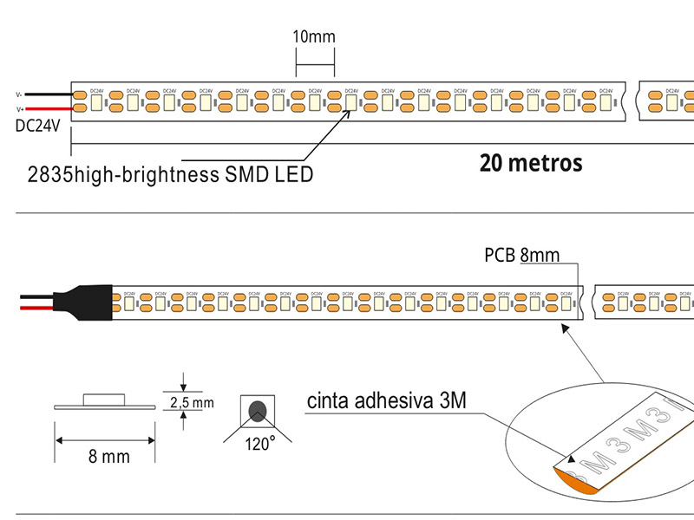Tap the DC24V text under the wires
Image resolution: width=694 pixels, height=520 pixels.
click(x=37, y=127)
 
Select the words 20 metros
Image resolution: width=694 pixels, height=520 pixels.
click(x=530, y=162)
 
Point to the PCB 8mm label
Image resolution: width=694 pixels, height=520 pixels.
click(x=521, y=256)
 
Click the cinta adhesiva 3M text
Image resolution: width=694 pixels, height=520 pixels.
click(x=387, y=401)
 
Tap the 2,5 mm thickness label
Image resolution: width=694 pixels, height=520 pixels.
click(x=191, y=403)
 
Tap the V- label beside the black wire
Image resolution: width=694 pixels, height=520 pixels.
click(x=19, y=94)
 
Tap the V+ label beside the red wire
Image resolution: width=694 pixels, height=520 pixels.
click(x=19, y=108)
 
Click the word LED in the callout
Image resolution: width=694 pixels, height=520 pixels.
click(x=294, y=174)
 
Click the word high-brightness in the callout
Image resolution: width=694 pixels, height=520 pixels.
click(x=144, y=174)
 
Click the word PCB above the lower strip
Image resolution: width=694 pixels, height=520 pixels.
click(x=500, y=256)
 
